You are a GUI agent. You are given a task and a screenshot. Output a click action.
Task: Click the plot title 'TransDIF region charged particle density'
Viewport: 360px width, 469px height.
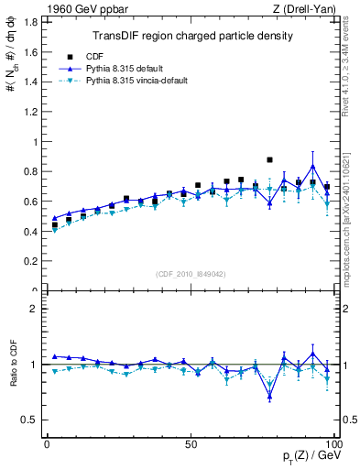pos(192,37)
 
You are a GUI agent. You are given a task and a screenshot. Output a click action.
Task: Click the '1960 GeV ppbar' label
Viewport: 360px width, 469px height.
pos(77,10)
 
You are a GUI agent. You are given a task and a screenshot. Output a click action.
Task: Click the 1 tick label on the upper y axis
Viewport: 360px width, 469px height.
pos(36,142)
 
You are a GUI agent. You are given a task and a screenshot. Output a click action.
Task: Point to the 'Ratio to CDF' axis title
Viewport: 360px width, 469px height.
pos(12,378)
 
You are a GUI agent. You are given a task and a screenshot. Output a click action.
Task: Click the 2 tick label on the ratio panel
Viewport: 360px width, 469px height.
pos(36,309)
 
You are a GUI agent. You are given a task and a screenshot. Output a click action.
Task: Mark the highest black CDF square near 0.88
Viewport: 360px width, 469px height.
pos(269,159)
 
